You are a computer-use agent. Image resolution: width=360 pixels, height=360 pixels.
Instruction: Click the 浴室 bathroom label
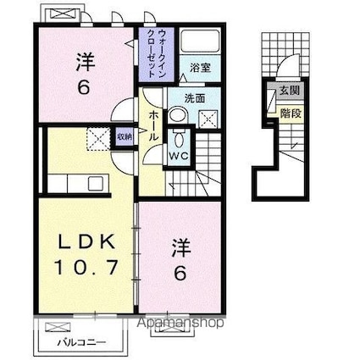(x=200, y=67)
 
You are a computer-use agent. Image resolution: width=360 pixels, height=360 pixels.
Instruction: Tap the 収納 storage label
(x=125, y=136)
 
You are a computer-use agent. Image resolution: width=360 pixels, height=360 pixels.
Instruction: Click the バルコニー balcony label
(x=82, y=344)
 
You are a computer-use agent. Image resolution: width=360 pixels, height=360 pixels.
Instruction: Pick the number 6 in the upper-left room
(x=85, y=87)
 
